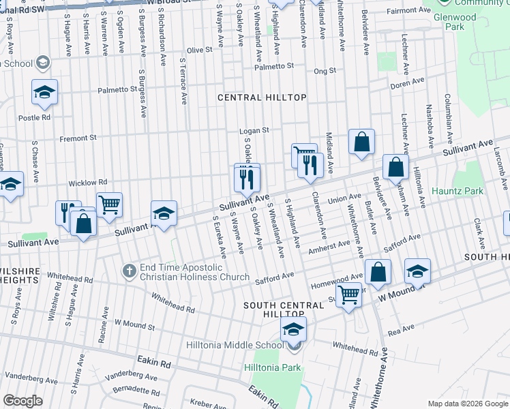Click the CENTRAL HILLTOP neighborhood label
click(x=262, y=98)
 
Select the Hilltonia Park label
click(x=273, y=368)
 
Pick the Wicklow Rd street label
click(x=87, y=183)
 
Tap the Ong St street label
click(x=320, y=71)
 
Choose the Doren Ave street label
click(x=407, y=86)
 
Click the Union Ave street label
click(x=344, y=198)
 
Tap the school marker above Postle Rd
click(x=44, y=92)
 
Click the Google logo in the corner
click(x=22, y=401)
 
